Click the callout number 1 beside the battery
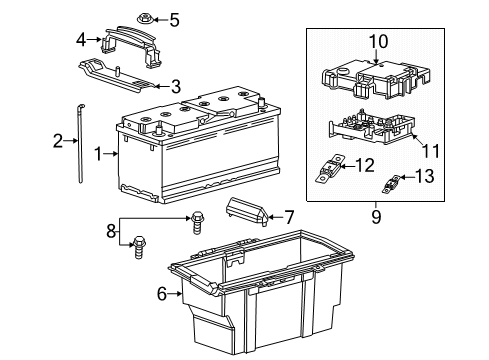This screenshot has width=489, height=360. pyautogui.click(x=98, y=153)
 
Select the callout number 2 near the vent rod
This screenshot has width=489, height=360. pyautogui.click(x=58, y=140)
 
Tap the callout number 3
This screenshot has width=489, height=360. pyautogui.click(x=175, y=87)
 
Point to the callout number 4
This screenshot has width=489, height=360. pyautogui.click(x=81, y=40)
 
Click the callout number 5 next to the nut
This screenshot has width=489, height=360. pyautogui.click(x=174, y=19)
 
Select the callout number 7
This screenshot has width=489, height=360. pyautogui.click(x=289, y=216)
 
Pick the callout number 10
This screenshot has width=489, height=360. pyautogui.click(x=378, y=41)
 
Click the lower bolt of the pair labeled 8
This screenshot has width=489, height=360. pyautogui.click(x=136, y=242)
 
